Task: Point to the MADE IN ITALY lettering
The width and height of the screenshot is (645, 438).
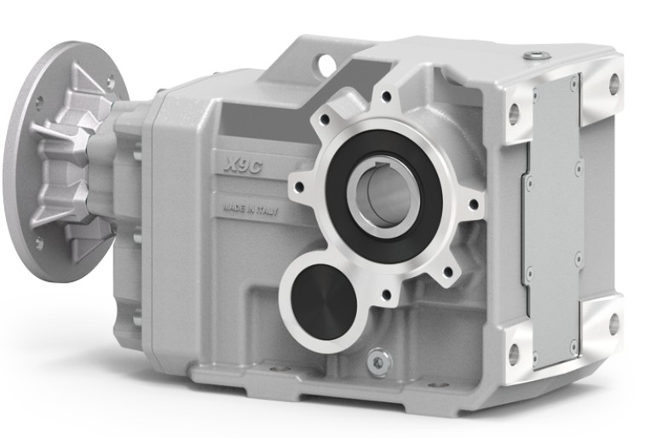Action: click(251, 210)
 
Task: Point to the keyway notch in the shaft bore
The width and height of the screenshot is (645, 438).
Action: click(385, 165)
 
